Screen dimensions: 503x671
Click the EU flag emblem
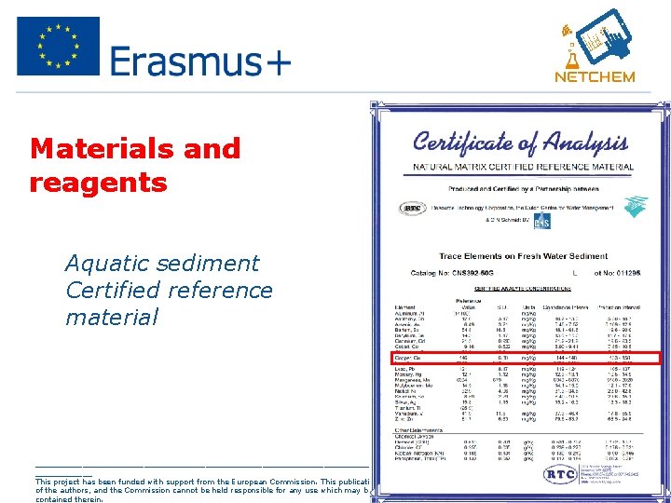point(58,46)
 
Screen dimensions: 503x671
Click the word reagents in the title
point(98,182)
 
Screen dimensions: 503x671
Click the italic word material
point(112,318)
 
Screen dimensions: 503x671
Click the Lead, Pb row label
point(407,369)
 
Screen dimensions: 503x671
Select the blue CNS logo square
point(541,221)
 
